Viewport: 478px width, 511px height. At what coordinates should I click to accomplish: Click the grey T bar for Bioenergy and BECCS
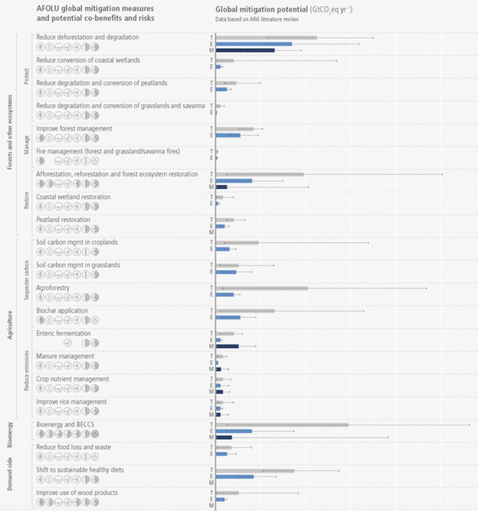282,424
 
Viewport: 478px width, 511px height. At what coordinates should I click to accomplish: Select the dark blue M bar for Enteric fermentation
227,346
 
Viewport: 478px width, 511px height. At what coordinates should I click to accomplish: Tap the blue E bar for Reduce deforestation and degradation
253,44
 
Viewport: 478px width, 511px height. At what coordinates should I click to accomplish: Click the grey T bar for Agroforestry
261,288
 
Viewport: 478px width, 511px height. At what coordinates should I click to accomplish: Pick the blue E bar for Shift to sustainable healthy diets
235,476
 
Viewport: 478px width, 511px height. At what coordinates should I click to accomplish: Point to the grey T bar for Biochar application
245,311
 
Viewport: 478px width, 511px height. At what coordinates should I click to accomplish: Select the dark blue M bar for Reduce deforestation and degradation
245,50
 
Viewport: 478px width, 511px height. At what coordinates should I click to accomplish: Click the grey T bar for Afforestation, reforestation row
260,174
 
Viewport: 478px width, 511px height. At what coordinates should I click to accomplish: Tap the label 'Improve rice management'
72,401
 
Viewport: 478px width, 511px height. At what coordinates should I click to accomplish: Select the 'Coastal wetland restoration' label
73,197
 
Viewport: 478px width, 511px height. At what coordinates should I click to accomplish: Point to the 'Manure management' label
65,356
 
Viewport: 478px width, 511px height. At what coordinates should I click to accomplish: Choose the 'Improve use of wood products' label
77,493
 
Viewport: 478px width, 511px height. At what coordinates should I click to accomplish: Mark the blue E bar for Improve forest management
228,135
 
